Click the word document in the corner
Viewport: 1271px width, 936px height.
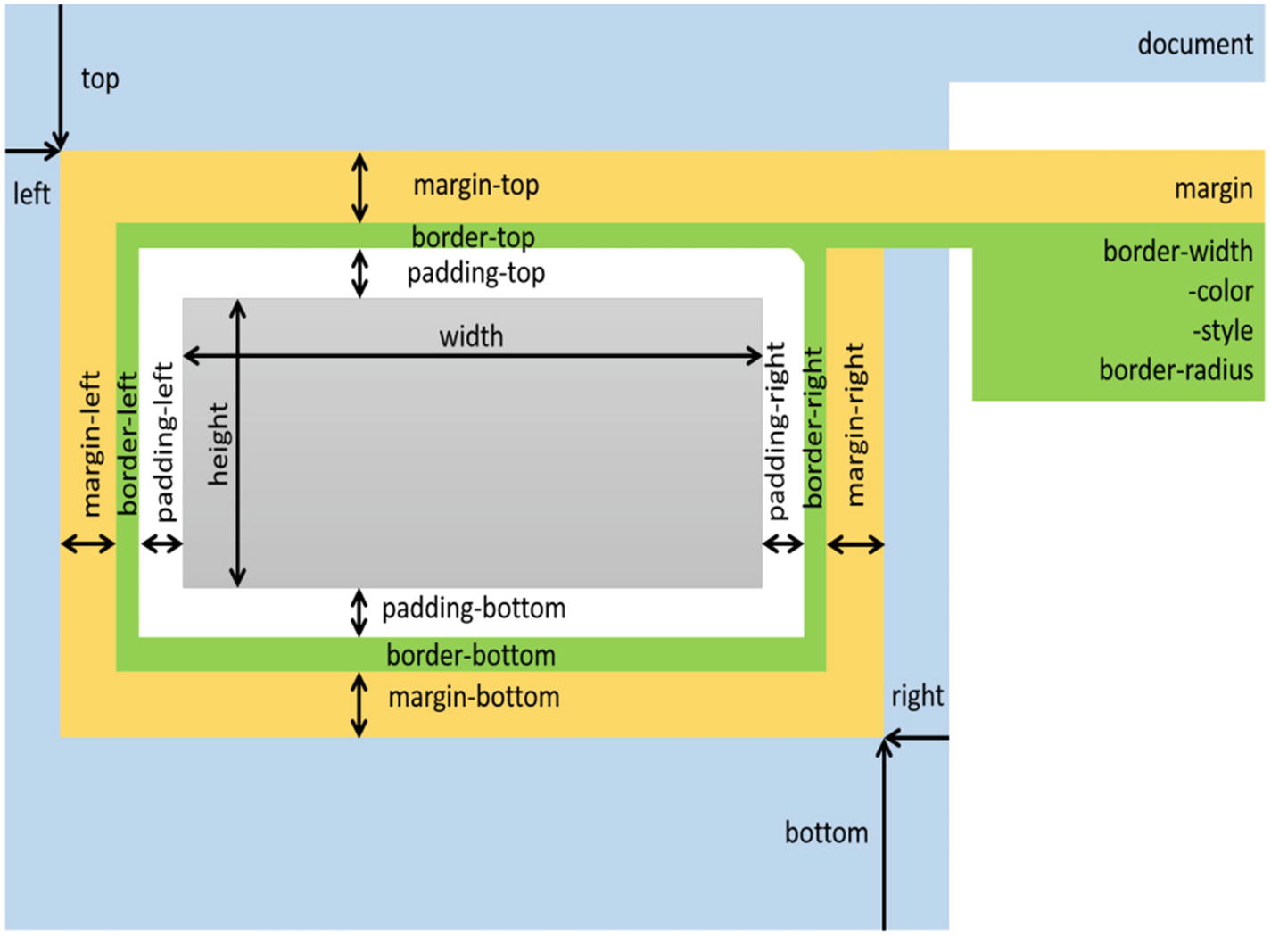pos(1194,44)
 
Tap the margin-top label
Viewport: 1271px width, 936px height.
pos(475,186)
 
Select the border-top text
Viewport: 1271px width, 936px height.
pos(473,237)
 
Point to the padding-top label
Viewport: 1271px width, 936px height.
pos(475,273)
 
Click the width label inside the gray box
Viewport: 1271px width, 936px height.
pos(471,336)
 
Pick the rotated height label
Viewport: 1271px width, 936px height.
pos(219,443)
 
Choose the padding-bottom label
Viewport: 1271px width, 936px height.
pos(474,609)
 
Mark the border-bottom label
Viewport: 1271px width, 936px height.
pos(471,656)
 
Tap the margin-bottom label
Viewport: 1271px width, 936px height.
pos(474,697)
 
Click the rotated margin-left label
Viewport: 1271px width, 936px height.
pos(92,443)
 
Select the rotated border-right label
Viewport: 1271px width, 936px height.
pos(813,427)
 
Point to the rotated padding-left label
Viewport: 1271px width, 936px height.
pos(165,442)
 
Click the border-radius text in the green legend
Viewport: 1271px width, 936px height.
pos(1176,369)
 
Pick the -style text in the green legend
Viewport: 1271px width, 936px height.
pos(1222,330)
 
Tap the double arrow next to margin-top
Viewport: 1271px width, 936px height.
pos(359,186)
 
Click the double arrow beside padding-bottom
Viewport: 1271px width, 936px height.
pos(359,612)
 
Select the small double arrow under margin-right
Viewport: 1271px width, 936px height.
pos(855,543)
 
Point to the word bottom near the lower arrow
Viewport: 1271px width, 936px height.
pos(826,832)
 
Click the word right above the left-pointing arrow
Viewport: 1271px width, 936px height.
pos(917,695)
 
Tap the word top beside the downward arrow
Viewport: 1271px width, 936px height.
pos(100,79)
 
